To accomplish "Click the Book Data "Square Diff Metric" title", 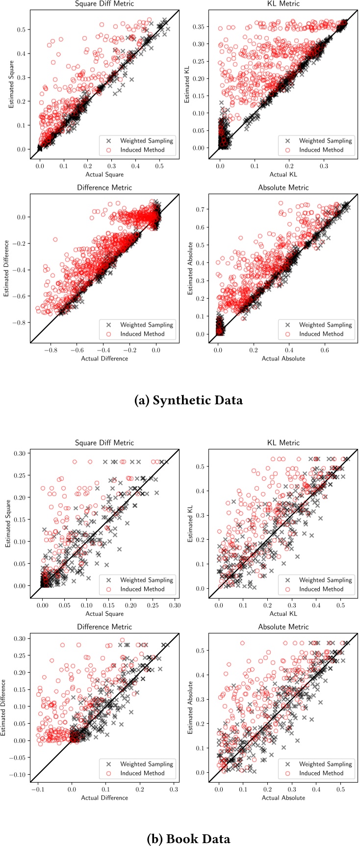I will pos(104,443).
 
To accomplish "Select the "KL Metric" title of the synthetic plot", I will pos(283,3).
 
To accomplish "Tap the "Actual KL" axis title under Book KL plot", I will pos(283,613).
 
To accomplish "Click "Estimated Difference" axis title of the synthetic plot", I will pos(7,268).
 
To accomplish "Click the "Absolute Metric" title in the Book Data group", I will pos(283,627).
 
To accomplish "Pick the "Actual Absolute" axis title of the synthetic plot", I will pos(283,359).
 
